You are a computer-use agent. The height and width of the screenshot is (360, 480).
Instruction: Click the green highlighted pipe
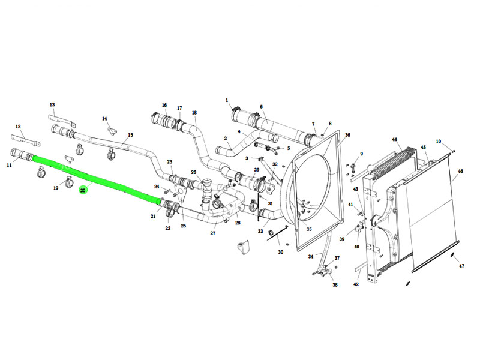point(97,179)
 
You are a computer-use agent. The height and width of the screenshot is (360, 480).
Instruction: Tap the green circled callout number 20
point(83,190)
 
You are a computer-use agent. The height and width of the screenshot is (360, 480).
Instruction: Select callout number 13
point(52,104)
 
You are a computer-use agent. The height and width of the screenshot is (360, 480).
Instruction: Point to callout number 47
point(461,266)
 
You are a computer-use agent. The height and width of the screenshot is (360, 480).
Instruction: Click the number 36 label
point(347,135)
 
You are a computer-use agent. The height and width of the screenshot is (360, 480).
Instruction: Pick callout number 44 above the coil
point(395,140)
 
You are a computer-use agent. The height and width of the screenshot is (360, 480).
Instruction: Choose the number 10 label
point(439,142)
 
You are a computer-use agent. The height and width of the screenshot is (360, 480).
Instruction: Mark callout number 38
point(335,284)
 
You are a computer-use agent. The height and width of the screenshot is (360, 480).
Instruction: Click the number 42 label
point(356,284)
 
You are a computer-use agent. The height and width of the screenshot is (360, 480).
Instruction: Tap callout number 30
point(280,252)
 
